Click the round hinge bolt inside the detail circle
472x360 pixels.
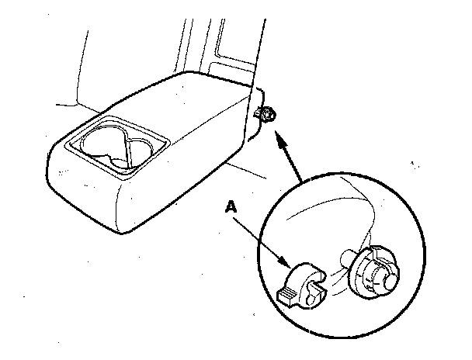[x=373, y=271]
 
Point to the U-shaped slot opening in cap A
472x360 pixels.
[x=314, y=291]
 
